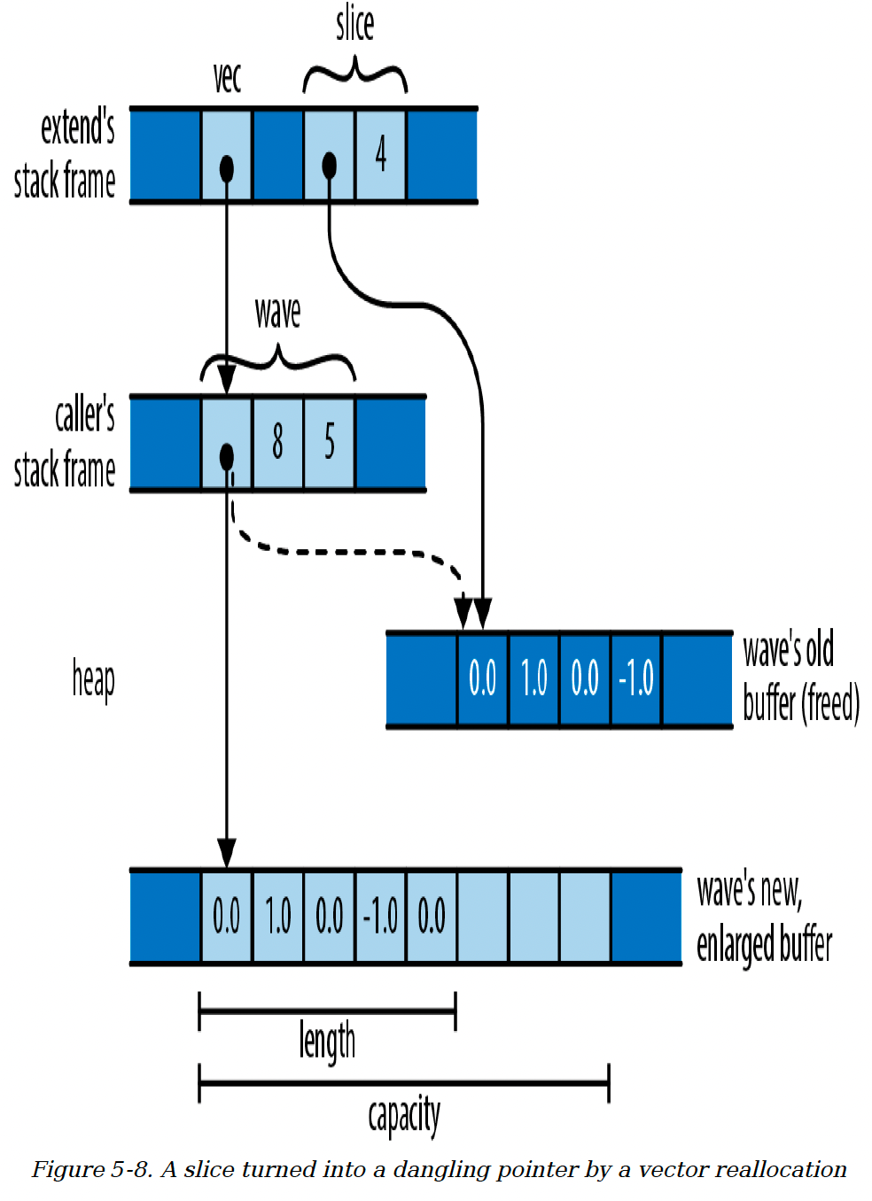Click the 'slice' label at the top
point(354,25)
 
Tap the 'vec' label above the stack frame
point(227,78)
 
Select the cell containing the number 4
point(380,155)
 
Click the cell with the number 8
point(277,443)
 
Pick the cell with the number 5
point(329,443)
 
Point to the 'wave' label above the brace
point(277,313)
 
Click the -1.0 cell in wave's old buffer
point(636,678)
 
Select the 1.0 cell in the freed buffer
point(533,678)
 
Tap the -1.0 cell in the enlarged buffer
point(380,917)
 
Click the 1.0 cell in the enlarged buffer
point(277,917)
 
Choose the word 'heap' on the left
point(93,680)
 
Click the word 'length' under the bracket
point(327,1042)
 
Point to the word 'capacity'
point(403,1115)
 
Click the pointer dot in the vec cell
point(227,169)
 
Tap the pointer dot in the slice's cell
point(329,166)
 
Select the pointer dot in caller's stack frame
point(227,457)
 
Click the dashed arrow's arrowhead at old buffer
point(463,611)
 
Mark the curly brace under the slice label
point(354,75)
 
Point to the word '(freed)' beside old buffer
point(829,703)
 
